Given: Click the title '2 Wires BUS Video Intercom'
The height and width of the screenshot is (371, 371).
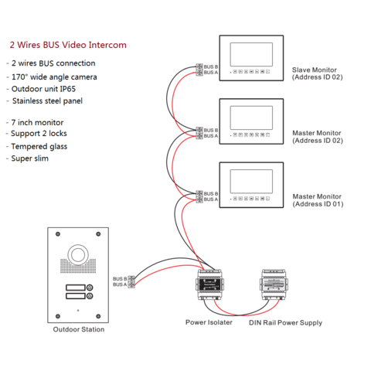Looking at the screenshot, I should [x=67, y=45].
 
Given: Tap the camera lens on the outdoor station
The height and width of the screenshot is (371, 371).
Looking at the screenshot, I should [x=78, y=255].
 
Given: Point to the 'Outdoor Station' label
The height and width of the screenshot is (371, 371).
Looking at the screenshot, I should [x=78, y=329].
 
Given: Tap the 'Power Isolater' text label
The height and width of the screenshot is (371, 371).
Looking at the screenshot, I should [x=208, y=322].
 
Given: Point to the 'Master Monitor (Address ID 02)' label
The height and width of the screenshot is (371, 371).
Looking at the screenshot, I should [x=317, y=137].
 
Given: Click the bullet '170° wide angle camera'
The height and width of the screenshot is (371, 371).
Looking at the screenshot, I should [x=54, y=77].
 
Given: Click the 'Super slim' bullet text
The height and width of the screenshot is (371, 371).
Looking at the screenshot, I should [x=32, y=158].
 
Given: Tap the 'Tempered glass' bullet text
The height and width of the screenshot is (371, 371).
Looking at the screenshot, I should [x=40, y=146].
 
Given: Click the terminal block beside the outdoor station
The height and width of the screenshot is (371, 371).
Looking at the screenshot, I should [x=133, y=281].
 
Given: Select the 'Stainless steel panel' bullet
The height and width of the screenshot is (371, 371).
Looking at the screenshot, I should [x=51, y=100].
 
